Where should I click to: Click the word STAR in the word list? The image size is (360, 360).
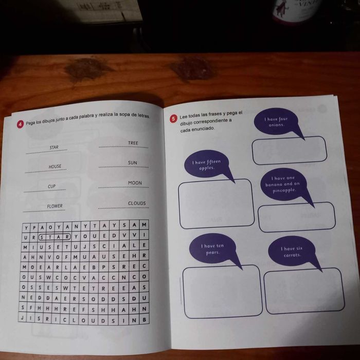(54, 148)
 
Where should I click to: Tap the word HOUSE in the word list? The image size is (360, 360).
(55, 167)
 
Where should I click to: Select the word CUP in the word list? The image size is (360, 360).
(52, 186)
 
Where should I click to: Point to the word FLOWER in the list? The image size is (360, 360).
(55, 206)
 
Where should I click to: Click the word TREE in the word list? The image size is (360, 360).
(133, 143)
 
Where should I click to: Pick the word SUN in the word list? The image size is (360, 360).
(133, 163)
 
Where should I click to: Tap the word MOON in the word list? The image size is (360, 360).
(135, 183)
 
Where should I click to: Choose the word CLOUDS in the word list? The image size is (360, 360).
(137, 203)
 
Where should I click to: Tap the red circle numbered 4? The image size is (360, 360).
(20, 124)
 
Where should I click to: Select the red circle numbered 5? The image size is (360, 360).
(173, 119)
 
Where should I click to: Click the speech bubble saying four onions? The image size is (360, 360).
(276, 122)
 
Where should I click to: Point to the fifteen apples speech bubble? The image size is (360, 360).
(206, 165)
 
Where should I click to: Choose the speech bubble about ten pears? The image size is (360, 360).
(212, 249)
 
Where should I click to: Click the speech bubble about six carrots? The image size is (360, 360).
(292, 251)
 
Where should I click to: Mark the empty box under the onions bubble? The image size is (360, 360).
(289, 150)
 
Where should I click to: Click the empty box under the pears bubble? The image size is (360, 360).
(222, 291)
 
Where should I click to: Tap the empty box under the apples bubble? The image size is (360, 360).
(216, 203)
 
